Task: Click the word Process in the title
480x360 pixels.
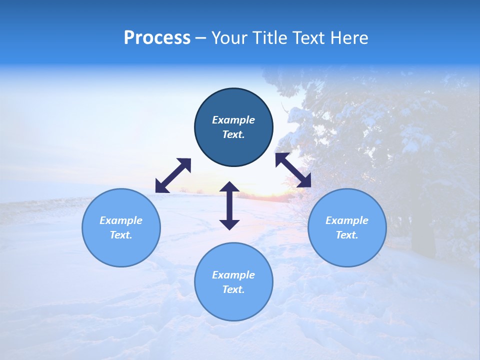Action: click(x=157, y=38)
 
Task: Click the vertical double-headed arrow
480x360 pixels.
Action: click(x=229, y=205)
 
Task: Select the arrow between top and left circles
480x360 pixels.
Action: click(x=173, y=175)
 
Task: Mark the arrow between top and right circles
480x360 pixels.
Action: click(x=293, y=170)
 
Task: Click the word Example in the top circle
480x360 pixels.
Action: click(x=233, y=120)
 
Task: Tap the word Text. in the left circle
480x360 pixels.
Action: click(x=121, y=235)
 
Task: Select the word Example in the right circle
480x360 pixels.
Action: click(x=347, y=220)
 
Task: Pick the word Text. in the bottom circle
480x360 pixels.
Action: click(x=233, y=289)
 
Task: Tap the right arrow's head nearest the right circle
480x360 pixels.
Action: click(x=304, y=181)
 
